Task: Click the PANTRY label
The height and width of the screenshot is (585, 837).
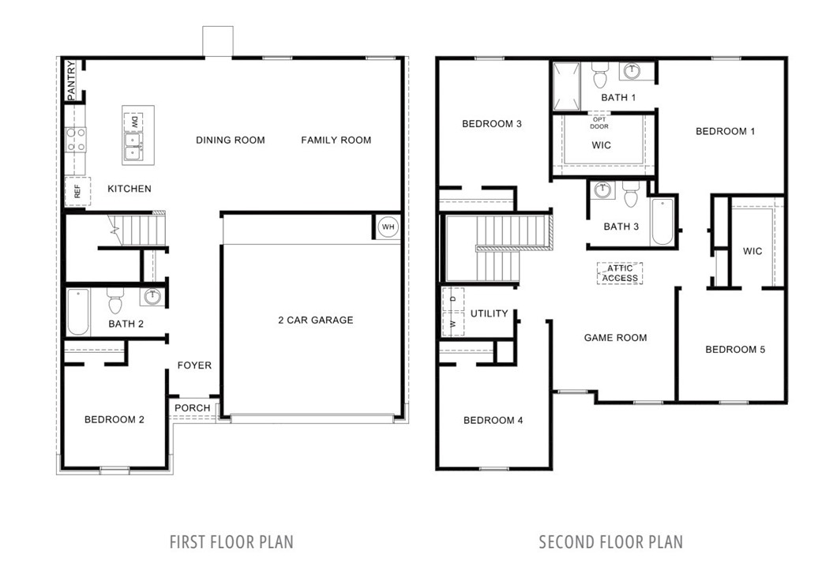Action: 70,81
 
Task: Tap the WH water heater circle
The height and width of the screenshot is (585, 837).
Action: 388,227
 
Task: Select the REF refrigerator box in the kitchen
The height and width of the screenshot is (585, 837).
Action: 77,191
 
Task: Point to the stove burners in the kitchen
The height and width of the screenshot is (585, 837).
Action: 75,141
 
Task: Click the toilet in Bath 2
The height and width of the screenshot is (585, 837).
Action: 115,301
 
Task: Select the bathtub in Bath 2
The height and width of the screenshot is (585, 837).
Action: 77,313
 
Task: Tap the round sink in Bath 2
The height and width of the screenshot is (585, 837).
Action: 152,298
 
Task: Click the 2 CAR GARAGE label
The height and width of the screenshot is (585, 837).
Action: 315,320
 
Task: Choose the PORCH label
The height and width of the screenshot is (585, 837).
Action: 193,408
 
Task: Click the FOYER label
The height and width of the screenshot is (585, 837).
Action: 194,366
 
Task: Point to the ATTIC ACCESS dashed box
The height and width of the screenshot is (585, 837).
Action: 620,273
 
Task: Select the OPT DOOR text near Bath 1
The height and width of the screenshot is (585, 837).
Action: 599,122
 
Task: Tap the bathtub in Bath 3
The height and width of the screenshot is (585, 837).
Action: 662,222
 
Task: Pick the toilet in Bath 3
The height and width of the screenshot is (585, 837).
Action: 630,193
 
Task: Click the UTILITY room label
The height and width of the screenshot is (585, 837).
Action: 490,313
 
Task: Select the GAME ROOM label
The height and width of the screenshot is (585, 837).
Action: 615,337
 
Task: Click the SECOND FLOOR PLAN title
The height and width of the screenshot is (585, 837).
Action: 610,542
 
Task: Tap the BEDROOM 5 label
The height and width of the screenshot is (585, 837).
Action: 734,349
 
